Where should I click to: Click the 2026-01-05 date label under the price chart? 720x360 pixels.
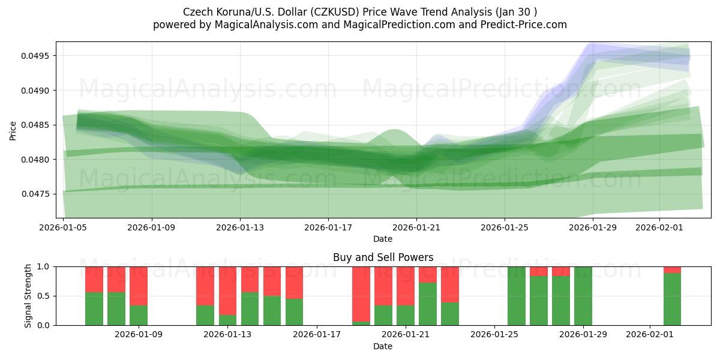pyautogui.click(x=64, y=228)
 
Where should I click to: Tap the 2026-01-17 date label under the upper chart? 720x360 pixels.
pyautogui.click(x=328, y=228)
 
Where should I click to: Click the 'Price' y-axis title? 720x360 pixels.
pyautogui.click(x=13, y=130)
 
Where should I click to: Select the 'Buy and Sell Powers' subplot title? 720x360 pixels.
pyautogui.click(x=383, y=257)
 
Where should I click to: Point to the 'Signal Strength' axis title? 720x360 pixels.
pyautogui.click(x=28, y=295)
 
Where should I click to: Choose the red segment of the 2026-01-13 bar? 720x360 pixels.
pyautogui.click(x=228, y=290)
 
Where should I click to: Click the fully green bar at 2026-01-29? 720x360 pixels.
pyautogui.click(x=583, y=296)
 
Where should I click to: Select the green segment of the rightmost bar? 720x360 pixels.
pyautogui.click(x=672, y=299)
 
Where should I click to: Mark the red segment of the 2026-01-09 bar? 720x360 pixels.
pyautogui.click(x=139, y=286)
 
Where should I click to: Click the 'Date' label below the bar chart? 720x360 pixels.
pyautogui.click(x=383, y=346)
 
